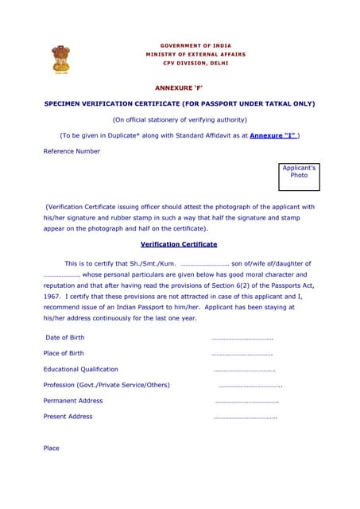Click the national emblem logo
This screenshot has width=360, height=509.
pyautogui.click(x=61, y=62)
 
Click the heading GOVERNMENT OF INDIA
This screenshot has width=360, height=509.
pyautogui.click(x=195, y=45)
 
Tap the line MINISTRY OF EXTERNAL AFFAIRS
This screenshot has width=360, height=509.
pyautogui.click(x=195, y=54)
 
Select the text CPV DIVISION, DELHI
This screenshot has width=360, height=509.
pyautogui.click(x=195, y=62)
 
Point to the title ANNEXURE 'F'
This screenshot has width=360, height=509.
pyautogui.click(x=179, y=87)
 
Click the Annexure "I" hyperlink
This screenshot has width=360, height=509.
pyautogui.click(x=273, y=136)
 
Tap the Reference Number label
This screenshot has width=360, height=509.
pyautogui.click(x=72, y=151)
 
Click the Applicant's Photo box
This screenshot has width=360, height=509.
pyautogui.click(x=299, y=177)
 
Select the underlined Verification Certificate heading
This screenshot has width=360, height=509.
pyautogui.click(x=179, y=244)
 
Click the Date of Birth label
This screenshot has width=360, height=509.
pyautogui.click(x=64, y=337)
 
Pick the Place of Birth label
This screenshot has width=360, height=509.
pyautogui.click(x=64, y=353)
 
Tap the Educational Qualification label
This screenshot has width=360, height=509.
pyautogui.click(x=81, y=369)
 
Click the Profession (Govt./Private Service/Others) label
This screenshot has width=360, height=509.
pyautogui.click(x=107, y=385)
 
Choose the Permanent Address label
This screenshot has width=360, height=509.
pyautogui.click(x=73, y=401)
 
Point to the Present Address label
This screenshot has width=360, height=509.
pyautogui.click(x=68, y=417)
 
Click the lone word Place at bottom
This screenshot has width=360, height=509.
pyautogui.click(x=52, y=449)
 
